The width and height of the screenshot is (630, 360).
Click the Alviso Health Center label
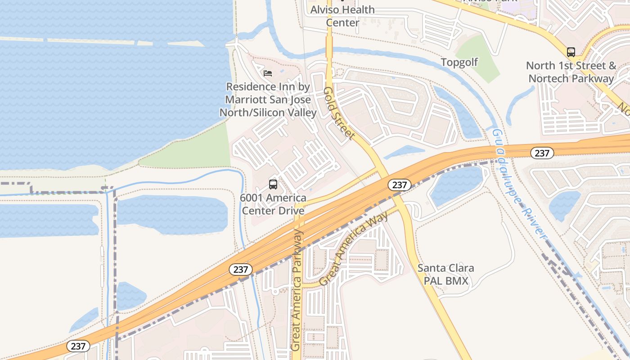(342, 16)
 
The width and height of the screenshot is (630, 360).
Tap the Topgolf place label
(459, 62)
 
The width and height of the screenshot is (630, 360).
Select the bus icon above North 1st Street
(571, 52)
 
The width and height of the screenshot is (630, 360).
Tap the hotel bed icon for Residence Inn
(268, 73)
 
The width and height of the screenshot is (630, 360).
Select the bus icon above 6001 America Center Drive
(273, 184)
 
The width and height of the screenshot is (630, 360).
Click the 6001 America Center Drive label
(273, 204)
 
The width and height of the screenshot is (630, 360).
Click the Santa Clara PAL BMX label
(445, 274)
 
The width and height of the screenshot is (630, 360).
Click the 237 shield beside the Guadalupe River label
(542, 153)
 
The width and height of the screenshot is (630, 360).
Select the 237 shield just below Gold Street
(399, 184)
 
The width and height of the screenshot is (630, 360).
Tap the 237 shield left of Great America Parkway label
(241, 270)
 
